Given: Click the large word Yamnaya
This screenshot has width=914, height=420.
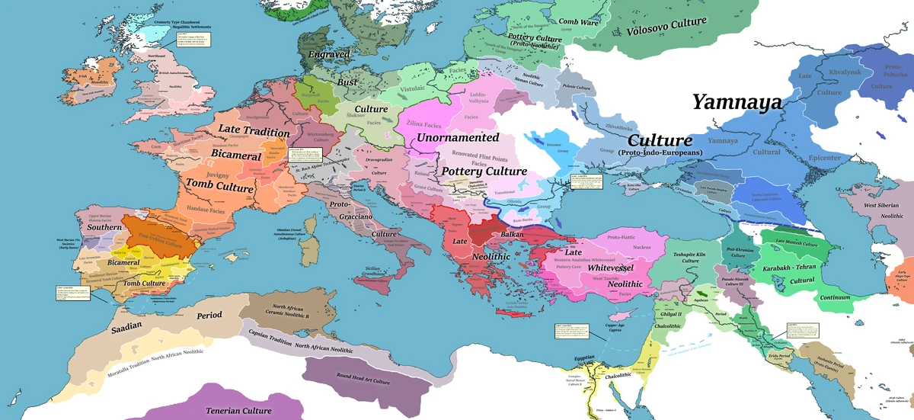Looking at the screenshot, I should click(x=737, y=102).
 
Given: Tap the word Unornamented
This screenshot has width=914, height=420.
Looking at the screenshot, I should click(x=458, y=138).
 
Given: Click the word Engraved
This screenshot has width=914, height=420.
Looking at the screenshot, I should click(x=329, y=55).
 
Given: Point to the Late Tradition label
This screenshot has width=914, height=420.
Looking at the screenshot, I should click(x=254, y=132).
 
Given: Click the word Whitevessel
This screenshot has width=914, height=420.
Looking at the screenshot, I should click(x=617, y=268).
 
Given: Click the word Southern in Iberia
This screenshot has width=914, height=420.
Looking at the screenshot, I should click(x=104, y=227).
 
